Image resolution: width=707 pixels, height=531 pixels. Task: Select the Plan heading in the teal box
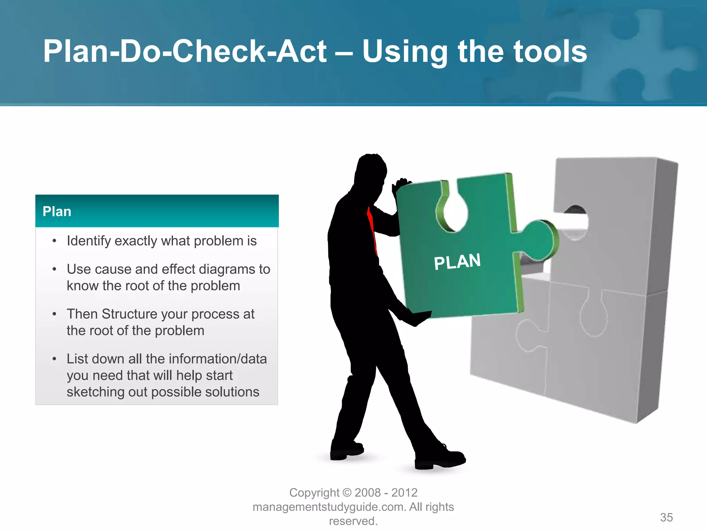coord(57,212)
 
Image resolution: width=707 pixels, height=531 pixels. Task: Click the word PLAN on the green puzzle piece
coord(457,262)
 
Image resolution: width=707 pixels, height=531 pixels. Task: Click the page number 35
coord(666,518)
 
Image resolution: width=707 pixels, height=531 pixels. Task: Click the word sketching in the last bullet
coord(95,392)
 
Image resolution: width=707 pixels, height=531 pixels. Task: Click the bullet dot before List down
coord(54,359)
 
